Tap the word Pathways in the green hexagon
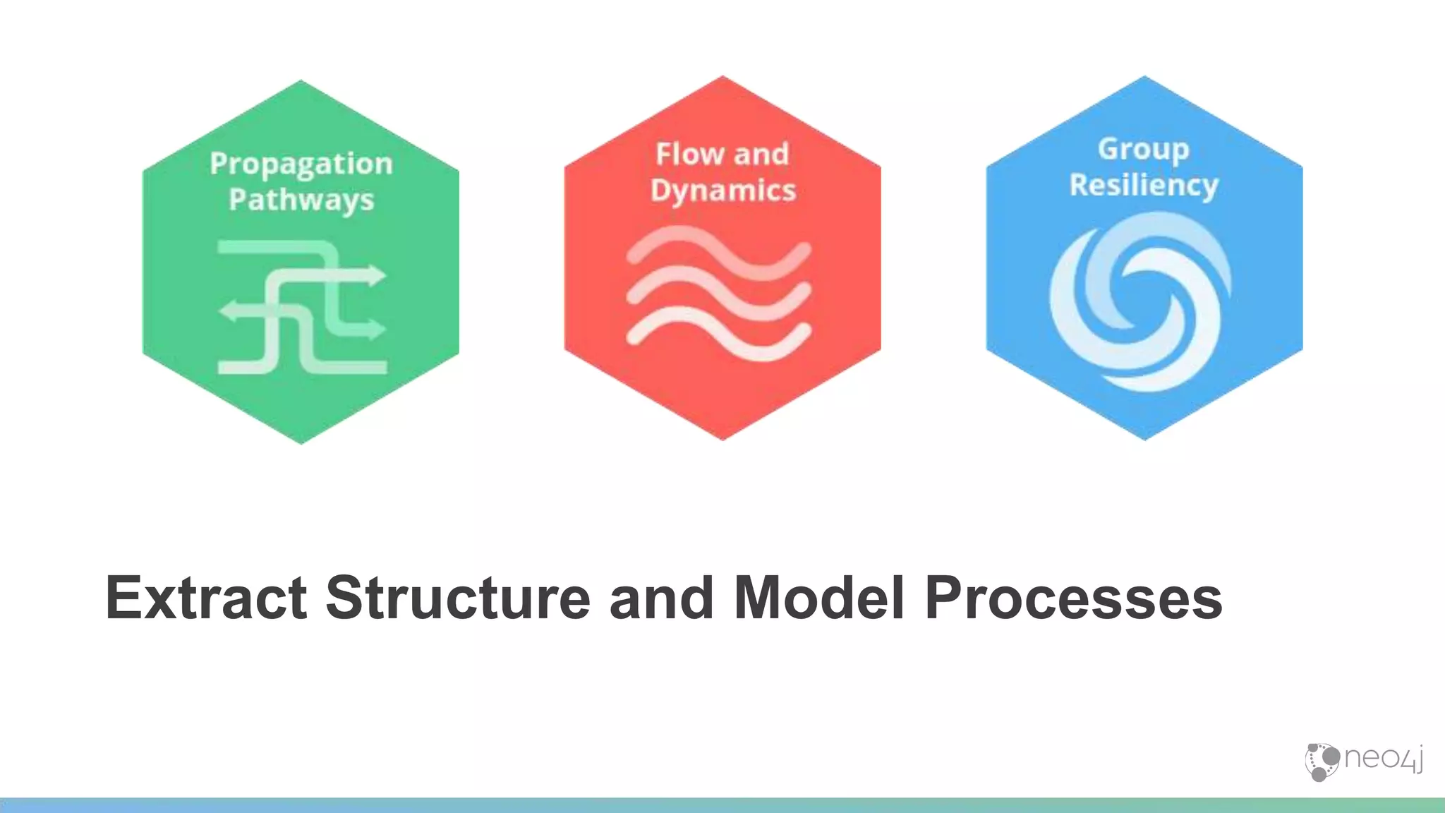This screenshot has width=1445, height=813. [301, 200]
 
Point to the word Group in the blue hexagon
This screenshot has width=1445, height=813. [1143, 150]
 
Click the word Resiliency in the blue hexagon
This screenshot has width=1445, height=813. [1144, 186]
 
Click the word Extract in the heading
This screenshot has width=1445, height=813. [206, 598]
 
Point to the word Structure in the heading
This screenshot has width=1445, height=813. [457, 598]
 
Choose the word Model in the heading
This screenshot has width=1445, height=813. [818, 598]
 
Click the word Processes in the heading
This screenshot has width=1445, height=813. [1073, 598]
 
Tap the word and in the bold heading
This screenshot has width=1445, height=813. [661, 598]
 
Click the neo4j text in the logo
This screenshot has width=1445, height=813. [1383, 759]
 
